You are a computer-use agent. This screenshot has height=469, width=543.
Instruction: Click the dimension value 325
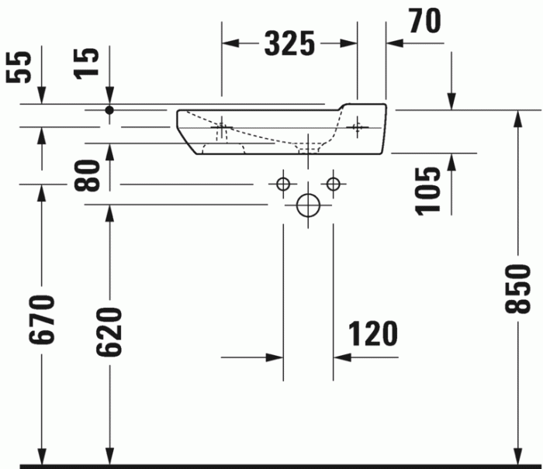289,43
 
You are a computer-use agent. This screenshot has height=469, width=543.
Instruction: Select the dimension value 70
424,21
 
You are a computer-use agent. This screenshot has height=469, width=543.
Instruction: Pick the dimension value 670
43,321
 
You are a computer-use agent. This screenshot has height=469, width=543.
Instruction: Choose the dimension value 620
109,331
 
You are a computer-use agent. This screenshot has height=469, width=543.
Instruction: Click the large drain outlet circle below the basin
308,205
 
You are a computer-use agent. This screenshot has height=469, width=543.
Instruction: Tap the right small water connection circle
334,184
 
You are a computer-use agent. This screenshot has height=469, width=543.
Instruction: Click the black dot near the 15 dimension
109,111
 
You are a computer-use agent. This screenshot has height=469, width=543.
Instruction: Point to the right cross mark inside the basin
358,125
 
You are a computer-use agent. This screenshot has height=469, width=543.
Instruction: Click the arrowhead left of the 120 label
275,357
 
